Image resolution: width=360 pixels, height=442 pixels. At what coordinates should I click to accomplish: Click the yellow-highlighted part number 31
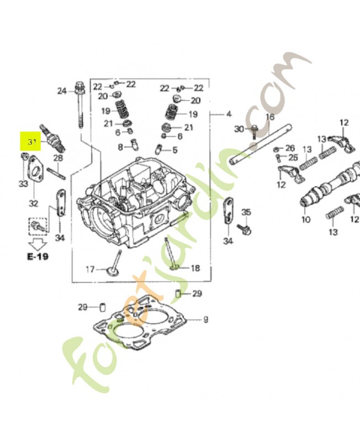[x=32, y=142]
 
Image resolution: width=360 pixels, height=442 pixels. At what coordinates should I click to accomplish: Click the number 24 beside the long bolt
[x=62, y=91]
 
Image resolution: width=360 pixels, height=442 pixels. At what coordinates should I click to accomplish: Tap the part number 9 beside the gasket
[x=205, y=319]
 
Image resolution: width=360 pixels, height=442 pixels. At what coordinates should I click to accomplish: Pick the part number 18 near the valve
[x=195, y=268]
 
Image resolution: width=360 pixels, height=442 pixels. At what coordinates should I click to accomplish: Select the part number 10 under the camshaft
[x=305, y=219]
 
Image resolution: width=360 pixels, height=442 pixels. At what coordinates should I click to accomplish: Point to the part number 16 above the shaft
[x=269, y=117]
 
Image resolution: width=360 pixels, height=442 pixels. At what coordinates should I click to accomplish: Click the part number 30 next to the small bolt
[x=239, y=129]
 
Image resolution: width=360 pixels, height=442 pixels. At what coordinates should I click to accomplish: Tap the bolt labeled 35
[x=243, y=227]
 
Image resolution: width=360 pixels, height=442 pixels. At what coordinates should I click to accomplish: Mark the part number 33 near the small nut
[x=23, y=184]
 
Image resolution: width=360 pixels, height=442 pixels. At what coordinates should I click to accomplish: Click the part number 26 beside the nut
[x=291, y=148]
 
